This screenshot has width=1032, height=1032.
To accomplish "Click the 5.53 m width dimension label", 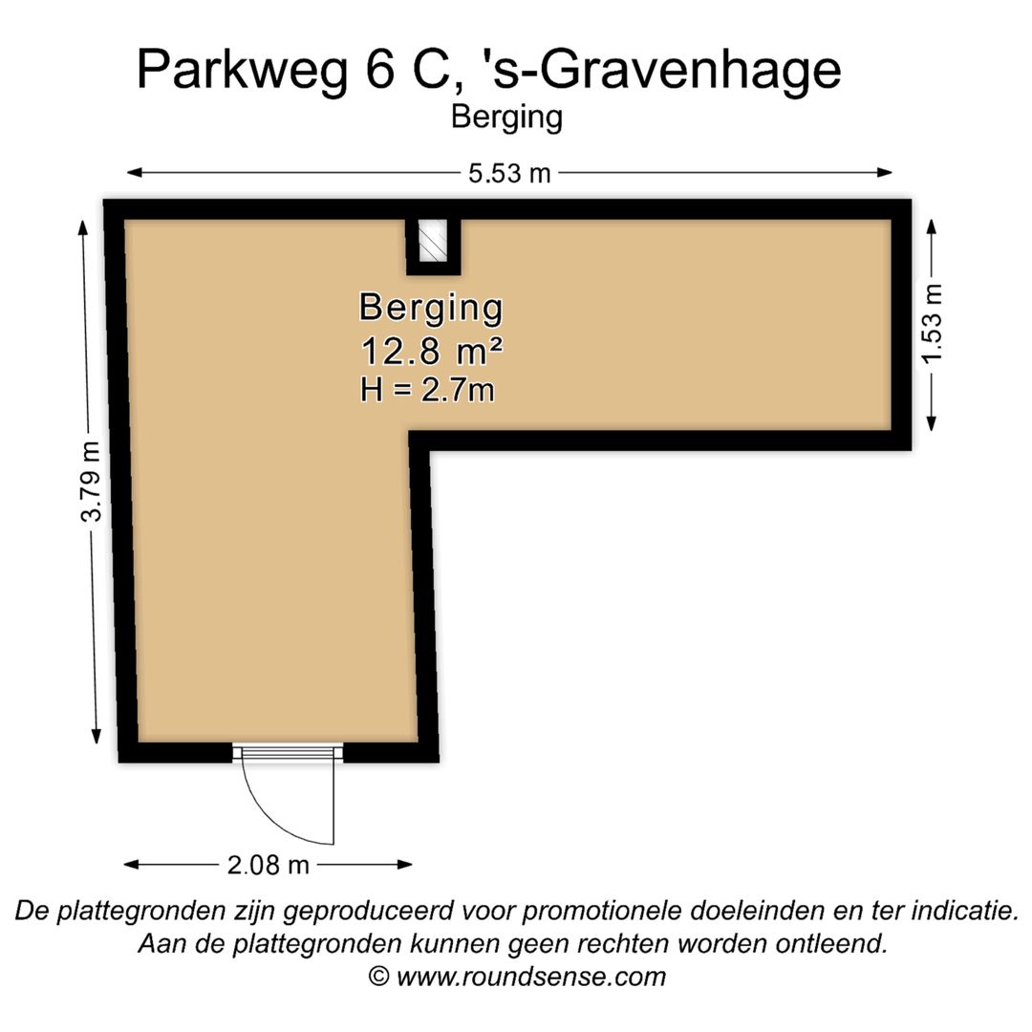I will click(x=509, y=173).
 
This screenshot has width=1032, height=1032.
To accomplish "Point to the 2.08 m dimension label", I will click(x=269, y=866).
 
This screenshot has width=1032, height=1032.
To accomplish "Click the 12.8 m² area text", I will click(x=431, y=352).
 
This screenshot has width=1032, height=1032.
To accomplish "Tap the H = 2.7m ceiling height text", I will click(x=427, y=390).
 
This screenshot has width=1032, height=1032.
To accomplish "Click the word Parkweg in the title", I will click(x=242, y=70).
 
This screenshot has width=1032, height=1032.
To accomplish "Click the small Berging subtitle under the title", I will click(x=506, y=118).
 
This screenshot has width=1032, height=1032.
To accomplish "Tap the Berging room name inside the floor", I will click(x=431, y=308).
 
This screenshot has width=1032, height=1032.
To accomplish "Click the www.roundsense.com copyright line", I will click(x=517, y=977).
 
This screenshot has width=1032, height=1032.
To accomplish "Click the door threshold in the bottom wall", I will click(x=288, y=753).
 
